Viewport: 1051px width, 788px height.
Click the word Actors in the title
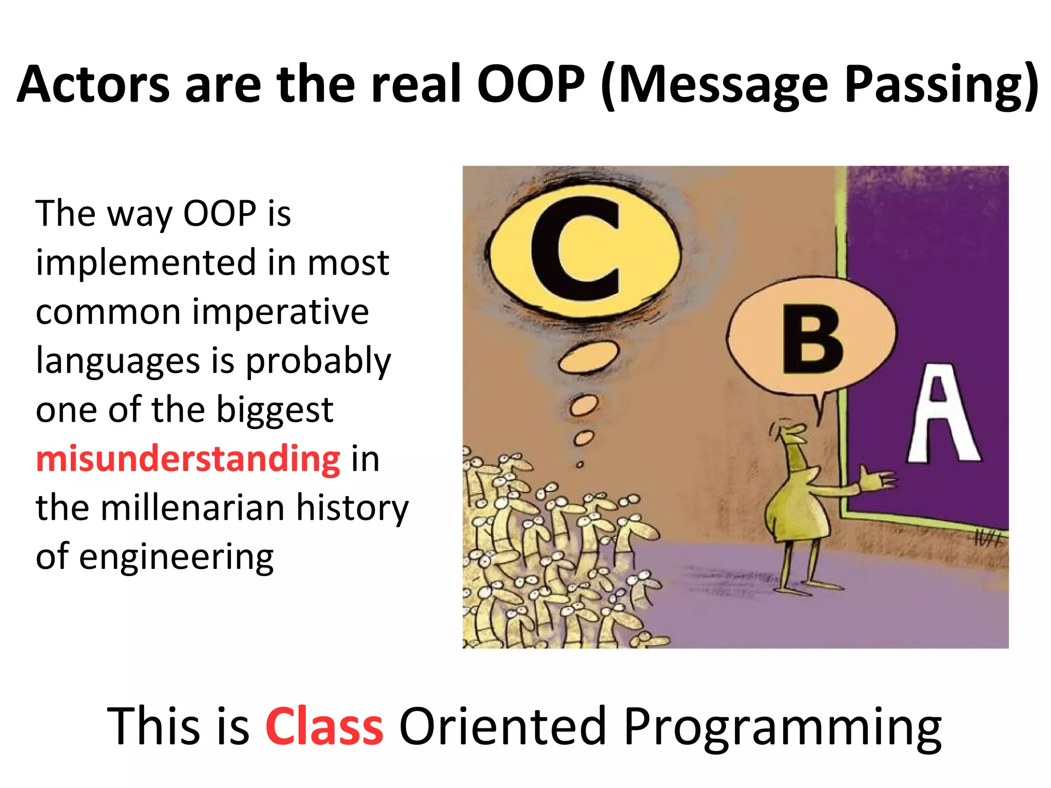click(x=93, y=85)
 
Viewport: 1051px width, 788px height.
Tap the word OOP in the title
click(x=531, y=85)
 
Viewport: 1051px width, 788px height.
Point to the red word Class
click(x=324, y=726)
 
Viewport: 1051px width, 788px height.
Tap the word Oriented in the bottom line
click(x=502, y=726)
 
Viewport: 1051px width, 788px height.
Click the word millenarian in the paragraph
click(x=192, y=508)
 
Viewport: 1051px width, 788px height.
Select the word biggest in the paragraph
click(x=275, y=410)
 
